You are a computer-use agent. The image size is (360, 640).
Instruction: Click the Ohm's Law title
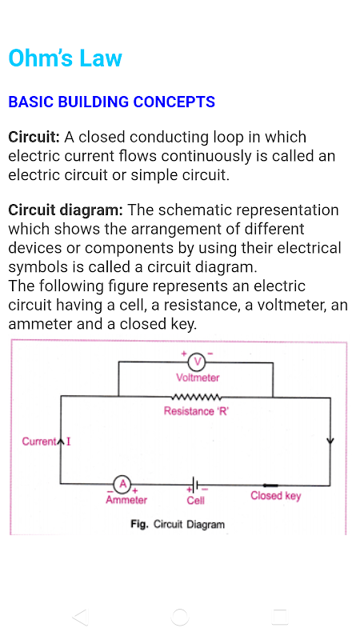(66, 58)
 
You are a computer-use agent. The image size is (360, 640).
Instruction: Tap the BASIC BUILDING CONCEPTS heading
(111, 102)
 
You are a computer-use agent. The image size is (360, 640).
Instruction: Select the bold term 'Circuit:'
(34, 137)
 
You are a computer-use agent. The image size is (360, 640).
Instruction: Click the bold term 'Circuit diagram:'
(66, 210)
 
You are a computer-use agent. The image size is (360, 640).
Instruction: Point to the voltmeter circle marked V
(198, 362)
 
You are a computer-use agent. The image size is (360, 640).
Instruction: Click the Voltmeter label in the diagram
(198, 378)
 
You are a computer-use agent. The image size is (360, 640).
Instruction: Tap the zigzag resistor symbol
(197, 397)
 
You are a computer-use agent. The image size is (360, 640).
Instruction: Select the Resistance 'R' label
(196, 411)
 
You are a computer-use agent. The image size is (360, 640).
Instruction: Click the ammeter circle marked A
(122, 485)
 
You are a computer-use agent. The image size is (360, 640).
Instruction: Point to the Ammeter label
(126, 500)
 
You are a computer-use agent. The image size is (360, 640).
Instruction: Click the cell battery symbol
(197, 485)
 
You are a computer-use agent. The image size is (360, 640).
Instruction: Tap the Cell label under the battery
(195, 501)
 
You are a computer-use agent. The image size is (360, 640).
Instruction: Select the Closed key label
(275, 496)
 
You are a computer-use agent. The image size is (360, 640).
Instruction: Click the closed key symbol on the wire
(270, 486)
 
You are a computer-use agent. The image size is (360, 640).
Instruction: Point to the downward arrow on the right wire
(330, 441)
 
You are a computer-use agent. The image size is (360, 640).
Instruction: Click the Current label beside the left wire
(39, 442)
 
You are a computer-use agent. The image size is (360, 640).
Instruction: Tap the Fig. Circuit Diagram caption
(178, 524)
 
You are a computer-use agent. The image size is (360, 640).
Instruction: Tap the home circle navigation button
(179, 617)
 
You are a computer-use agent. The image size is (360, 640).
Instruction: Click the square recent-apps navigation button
(279, 617)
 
